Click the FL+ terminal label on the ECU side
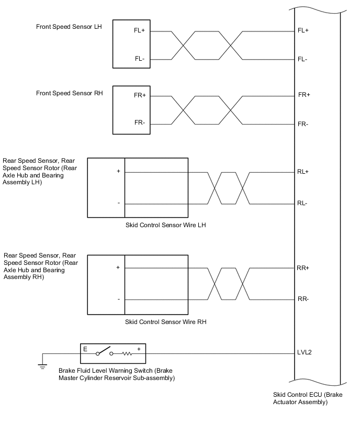coord(303,30)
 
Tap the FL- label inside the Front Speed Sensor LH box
coord(140,59)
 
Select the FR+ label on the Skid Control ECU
coord(304,95)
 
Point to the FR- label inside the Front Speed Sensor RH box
coord(140,123)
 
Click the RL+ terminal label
coord(303,171)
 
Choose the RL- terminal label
coord(302,203)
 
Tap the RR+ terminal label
coord(303,267)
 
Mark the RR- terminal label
coord(302,299)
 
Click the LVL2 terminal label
coord(305,352)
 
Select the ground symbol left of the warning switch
coord(42,366)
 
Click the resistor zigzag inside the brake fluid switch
coord(127,353)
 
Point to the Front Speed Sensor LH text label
coord(69,26)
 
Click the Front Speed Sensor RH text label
coord(70,93)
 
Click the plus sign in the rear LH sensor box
coord(118,171)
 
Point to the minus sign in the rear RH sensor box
coord(119,299)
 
